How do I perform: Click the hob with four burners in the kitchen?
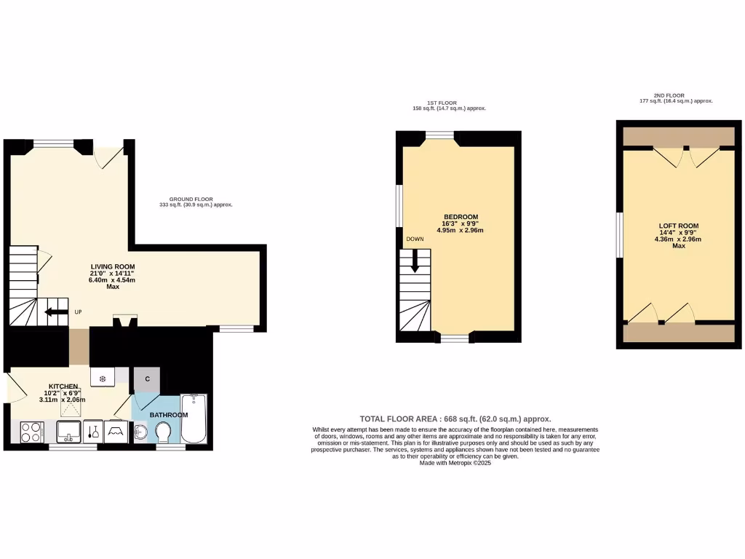point(31,432)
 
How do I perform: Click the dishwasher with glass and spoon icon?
point(93,432)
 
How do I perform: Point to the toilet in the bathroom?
point(162,434)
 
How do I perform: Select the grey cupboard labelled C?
point(147,378)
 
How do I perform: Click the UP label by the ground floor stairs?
point(78,313)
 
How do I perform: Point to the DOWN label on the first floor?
point(415,239)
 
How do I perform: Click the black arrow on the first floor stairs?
point(415,261)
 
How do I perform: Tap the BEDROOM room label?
point(461,217)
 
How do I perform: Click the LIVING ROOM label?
point(113,266)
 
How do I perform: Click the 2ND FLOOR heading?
point(669,95)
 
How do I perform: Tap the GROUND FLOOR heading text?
point(191,199)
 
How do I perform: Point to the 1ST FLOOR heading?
point(442,103)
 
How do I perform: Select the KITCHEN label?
point(63,386)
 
